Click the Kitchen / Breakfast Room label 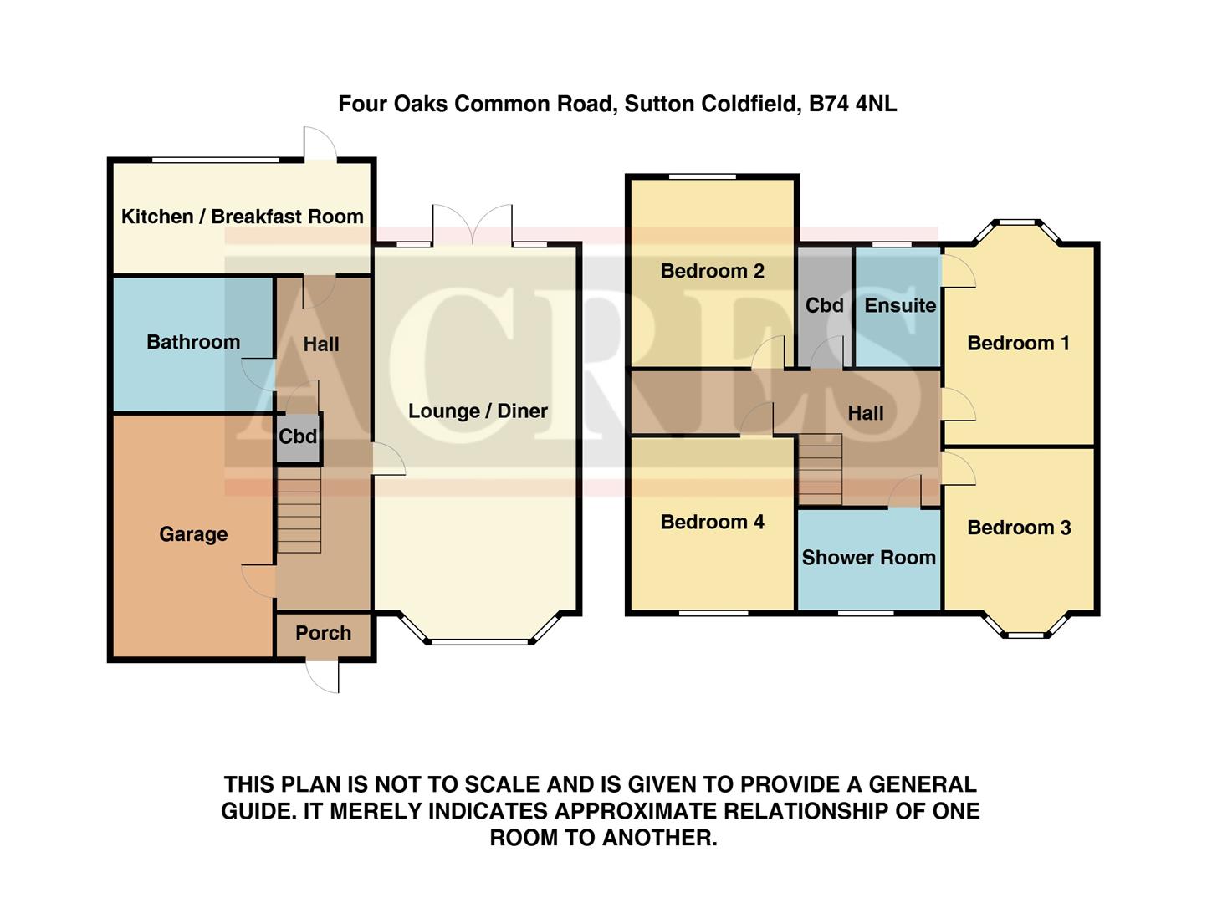click(242, 217)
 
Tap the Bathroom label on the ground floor click(192, 342)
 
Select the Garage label click(193, 534)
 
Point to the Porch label click(323, 633)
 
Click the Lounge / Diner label click(478, 411)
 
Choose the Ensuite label click(899, 305)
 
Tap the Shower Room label click(868, 558)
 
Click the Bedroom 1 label click(1018, 343)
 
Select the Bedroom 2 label click(712, 271)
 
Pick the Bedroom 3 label click(1019, 528)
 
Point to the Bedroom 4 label click(712, 522)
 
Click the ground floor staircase click(299, 510)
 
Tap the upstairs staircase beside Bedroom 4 click(820, 469)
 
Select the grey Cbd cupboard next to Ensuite click(824, 305)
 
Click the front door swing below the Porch click(324, 676)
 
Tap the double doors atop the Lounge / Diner click(472, 224)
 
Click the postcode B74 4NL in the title click(852, 104)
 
